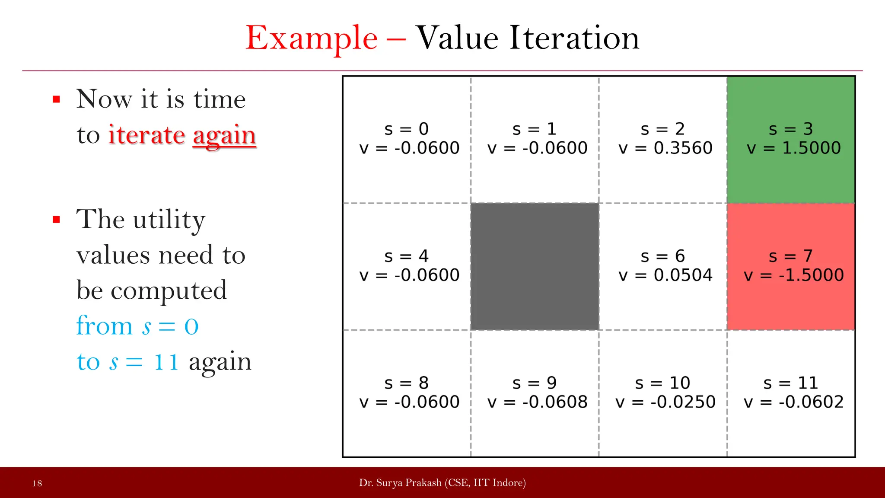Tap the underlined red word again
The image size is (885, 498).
[224, 136]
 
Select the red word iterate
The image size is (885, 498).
[146, 135]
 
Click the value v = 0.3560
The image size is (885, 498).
[665, 148]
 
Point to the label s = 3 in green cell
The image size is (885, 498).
[790, 129]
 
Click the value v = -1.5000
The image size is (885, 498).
[793, 275]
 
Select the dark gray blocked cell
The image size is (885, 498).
[535, 266]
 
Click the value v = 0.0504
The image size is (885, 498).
[665, 275]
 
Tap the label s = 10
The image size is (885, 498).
[662, 383]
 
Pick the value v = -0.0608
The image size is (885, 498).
[537, 402]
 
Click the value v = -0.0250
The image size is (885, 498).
[665, 402]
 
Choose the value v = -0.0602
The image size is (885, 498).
[793, 402]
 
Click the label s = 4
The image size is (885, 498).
[406, 256]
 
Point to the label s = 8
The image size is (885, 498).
[406, 383]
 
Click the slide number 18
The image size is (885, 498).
[37, 483]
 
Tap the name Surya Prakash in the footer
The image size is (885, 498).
[408, 483]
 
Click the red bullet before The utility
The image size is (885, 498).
[56, 220]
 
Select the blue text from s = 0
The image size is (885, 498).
[137, 326]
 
